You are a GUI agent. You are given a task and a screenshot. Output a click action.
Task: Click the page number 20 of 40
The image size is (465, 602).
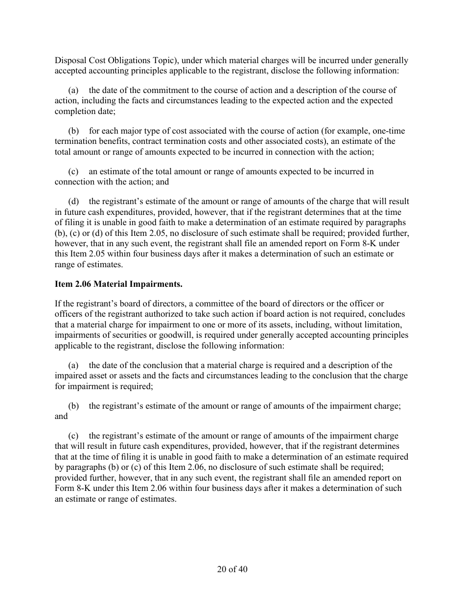click(232, 569)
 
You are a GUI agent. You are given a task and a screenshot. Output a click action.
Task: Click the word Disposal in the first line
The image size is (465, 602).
click(70, 61)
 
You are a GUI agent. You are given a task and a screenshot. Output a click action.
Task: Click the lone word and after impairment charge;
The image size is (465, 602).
click(61, 416)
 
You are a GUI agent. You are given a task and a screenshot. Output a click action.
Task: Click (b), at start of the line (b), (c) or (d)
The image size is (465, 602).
click(61, 232)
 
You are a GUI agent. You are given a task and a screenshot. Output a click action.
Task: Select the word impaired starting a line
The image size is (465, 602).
click(70, 376)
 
